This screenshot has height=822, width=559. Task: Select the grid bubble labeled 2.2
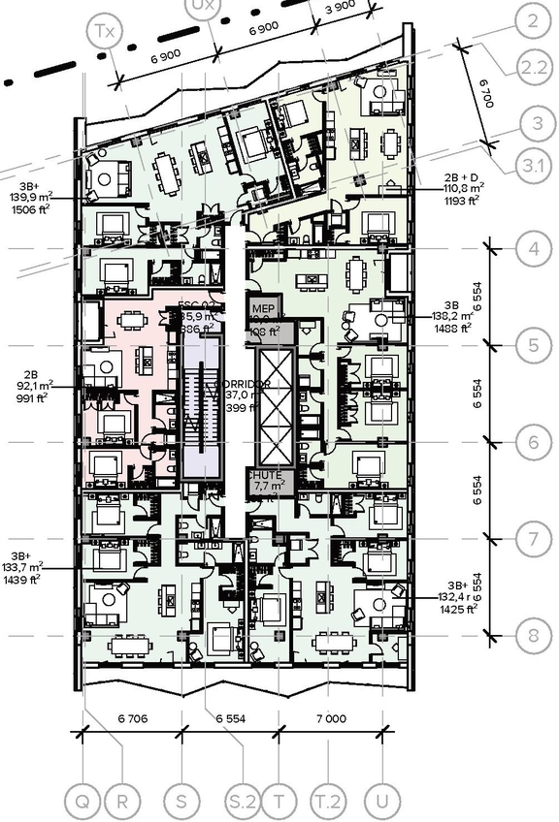(533, 67)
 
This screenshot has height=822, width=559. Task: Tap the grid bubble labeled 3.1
(533, 167)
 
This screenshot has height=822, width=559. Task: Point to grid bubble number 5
(533, 344)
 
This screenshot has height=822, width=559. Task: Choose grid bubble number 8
(533, 636)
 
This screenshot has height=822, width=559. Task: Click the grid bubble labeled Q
(83, 803)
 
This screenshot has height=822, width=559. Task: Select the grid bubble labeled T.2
(329, 803)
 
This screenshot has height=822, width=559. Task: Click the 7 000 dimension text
(330, 718)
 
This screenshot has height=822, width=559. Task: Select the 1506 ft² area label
(31, 205)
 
